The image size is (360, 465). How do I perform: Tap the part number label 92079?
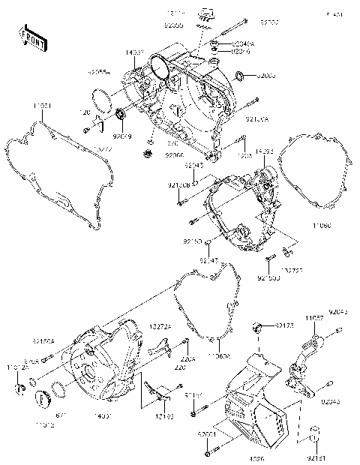tap(121, 136)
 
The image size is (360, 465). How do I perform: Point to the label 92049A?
tap(241, 43)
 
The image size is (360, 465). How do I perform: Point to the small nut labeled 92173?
tap(257, 328)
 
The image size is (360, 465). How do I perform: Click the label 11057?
tap(314, 319)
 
